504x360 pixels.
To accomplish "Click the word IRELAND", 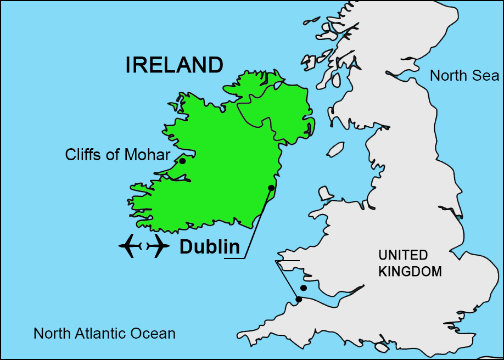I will pyautogui.click(x=174, y=65).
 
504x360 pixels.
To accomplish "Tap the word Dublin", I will pyautogui.click(x=210, y=248).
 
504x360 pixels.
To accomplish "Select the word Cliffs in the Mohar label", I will pyautogui.click(x=83, y=155).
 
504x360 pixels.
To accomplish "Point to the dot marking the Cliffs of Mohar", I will pyautogui.click(x=182, y=161).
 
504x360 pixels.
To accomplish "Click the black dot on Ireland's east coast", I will pyautogui.click(x=271, y=188).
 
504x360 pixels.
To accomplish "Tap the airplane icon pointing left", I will pyautogui.click(x=130, y=246).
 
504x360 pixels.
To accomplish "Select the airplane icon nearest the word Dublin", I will pyautogui.click(x=158, y=246).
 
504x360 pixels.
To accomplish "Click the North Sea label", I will pyautogui.click(x=464, y=75).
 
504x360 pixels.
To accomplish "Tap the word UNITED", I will pyautogui.click(x=403, y=255).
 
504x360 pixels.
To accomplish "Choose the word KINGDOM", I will pyautogui.click(x=410, y=271).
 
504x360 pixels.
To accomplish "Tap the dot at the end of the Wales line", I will pyautogui.click(x=299, y=300).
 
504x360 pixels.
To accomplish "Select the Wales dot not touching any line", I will pyautogui.click(x=303, y=288).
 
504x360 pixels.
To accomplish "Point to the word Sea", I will pyautogui.click(x=488, y=75).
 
